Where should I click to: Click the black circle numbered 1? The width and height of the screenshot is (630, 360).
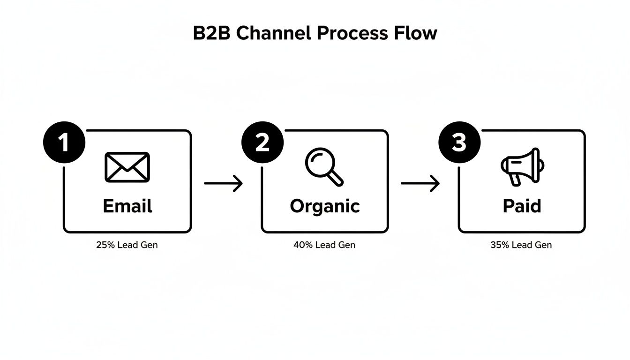coord(64,142)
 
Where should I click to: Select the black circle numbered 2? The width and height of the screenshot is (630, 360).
coord(262,142)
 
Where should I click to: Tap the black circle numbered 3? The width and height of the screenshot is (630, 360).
coord(459,142)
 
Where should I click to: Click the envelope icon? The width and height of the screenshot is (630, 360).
coord(127,167)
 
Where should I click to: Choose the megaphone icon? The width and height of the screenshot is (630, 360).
coord(522,166)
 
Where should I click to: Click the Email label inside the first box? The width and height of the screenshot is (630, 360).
coord(127,206)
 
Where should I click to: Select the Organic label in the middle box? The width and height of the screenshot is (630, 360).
coord(324,206)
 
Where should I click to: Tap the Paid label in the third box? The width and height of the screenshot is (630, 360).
coord(522,206)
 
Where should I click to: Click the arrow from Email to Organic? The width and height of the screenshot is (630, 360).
coord(224,183)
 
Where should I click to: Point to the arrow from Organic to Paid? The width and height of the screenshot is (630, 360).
coord(420,183)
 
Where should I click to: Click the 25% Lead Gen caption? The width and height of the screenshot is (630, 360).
coord(127,245)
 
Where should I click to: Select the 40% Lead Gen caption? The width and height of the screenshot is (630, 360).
coord(324,245)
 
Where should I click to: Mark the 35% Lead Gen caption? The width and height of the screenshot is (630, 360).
coord(521,245)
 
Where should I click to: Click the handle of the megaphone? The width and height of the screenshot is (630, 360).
coord(516,180)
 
